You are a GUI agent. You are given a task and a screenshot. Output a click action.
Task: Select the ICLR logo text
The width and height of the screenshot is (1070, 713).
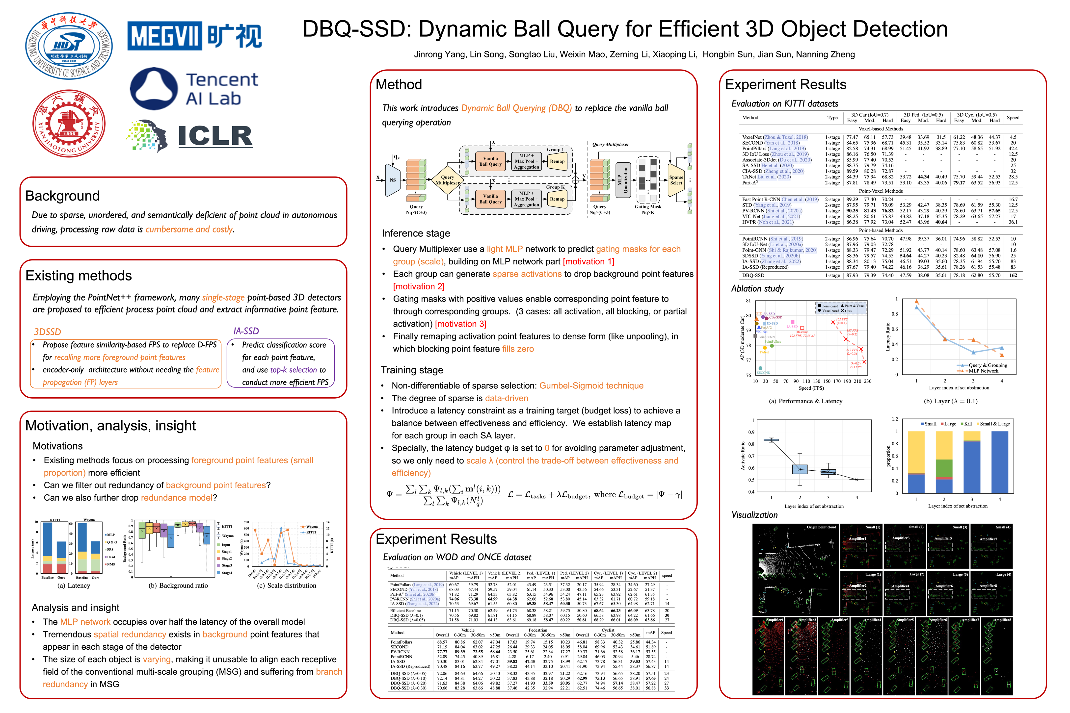(215, 135)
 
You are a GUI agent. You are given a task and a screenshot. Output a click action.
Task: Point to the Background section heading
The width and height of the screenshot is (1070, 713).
(62, 196)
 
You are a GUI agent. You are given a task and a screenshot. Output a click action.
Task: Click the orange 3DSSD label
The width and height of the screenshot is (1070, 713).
(47, 331)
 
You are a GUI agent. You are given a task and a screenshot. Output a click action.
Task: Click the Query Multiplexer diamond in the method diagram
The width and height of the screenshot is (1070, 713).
(447, 180)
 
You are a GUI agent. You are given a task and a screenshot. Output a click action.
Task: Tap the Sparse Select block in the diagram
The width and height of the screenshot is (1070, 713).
(676, 180)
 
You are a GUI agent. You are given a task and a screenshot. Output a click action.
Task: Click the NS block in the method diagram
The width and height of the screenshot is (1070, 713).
(392, 180)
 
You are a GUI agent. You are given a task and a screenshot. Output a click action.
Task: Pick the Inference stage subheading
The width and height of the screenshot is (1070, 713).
(416, 233)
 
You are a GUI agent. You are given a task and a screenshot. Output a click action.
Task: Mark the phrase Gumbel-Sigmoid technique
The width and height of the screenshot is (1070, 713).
(591, 386)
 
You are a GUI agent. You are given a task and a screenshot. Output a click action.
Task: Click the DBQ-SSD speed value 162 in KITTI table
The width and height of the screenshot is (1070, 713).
(1013, 276)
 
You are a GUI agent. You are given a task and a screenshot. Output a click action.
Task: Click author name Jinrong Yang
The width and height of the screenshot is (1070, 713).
(439, 54)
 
